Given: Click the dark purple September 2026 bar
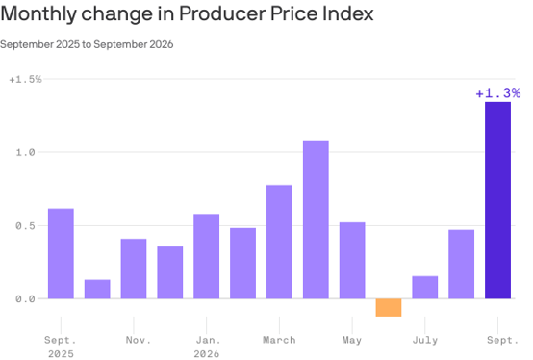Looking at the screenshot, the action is click(x=497, y=200).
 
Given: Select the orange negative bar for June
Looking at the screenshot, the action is click(x=389, y=308).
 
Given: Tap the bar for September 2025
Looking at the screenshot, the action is click(x=61, y=253).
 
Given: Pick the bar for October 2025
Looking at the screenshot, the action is click(x=97, y=290).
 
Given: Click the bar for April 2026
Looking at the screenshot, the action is click(x=316, y=219).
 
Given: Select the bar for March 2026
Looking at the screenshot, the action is click(x=279, y=242).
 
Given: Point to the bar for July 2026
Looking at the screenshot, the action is click(x=425, y=288).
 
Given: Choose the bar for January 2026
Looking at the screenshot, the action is click(x=206, y=256).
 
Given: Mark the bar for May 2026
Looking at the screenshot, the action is click(x=352, y=261).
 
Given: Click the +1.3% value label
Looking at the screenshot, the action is click(x=498, y=93).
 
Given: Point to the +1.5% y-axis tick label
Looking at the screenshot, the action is click(x=25, y=80).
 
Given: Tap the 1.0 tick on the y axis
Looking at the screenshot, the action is click(x=25, y=152).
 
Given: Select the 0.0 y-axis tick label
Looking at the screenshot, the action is click(x=25, y=299).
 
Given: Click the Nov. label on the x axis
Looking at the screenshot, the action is click(x=138, y=340).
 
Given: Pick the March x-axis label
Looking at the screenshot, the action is click(x=279, y=340).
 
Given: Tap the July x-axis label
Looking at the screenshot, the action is click(x=425, y=340).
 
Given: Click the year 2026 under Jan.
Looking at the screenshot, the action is click(x=206, y=354).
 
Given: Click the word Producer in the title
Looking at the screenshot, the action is click(x=222, y=13).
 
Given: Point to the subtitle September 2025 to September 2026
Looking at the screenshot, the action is click(x=87, y=44).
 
